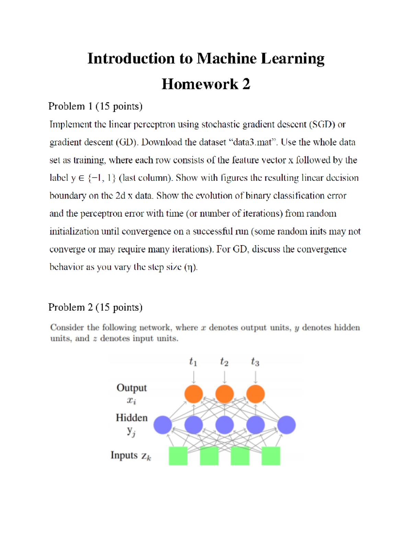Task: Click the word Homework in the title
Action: click(200, 84)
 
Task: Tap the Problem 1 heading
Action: click(95, 106)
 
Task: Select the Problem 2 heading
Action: click(95, 307)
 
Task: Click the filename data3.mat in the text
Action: click(252, 142)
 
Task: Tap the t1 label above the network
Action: click(193, 362)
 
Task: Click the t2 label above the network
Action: click(224, 362)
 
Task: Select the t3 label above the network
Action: click(255, 362)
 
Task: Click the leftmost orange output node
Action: click(194, 394)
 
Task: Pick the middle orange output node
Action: click(225, 394)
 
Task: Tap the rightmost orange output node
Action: click(255, 394)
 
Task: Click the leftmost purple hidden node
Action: click(163, 425)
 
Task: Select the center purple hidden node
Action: click(225, 425)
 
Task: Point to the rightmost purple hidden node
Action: click(286, 425)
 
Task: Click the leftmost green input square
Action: click(178, 456)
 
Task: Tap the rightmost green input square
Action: click(271, 456)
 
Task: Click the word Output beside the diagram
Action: click(131, 388)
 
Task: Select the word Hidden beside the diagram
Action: click(131, 418)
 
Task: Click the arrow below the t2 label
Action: click(225, 377)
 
